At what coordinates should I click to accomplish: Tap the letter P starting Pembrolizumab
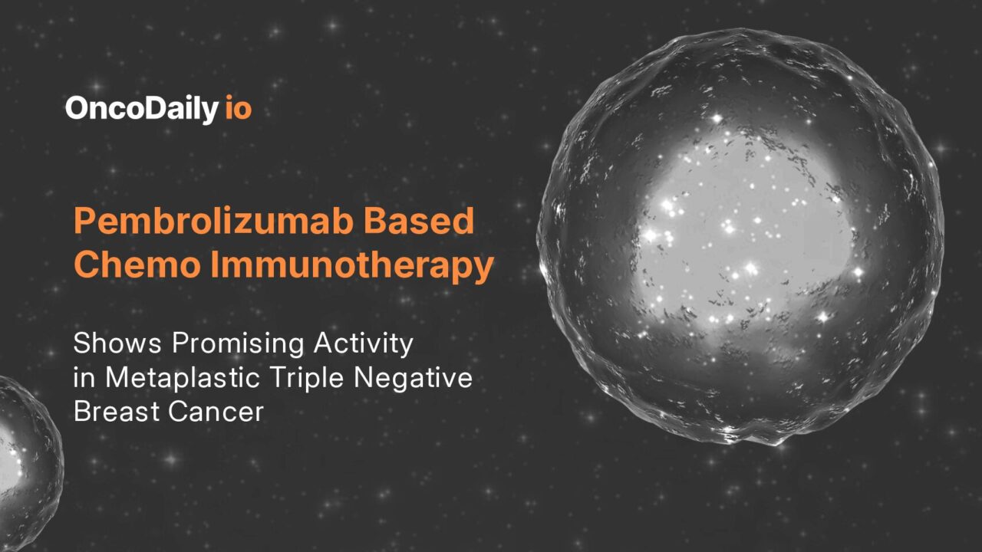[85, 222]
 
